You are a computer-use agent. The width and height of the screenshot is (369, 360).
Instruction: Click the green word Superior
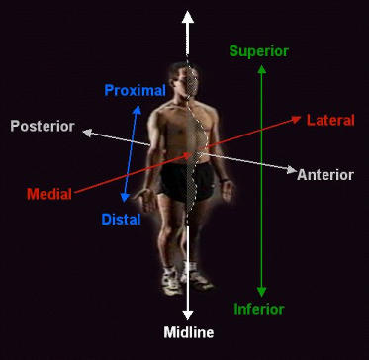click(258, 50)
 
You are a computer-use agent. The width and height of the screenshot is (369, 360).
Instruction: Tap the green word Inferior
click(259, 309)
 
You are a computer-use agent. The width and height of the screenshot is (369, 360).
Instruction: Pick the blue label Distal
click(121, 219)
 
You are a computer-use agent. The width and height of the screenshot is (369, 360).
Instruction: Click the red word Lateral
click(330, 120)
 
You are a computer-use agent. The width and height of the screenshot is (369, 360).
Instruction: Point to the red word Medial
click(48, 193)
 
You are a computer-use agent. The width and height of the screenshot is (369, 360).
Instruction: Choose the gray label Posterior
click(43, 126)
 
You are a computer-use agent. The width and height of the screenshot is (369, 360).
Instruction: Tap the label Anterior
click(324, 175)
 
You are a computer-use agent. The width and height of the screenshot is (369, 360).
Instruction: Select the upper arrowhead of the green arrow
click(261, 69)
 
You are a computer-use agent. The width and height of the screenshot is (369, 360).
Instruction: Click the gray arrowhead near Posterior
click(88, 131)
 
